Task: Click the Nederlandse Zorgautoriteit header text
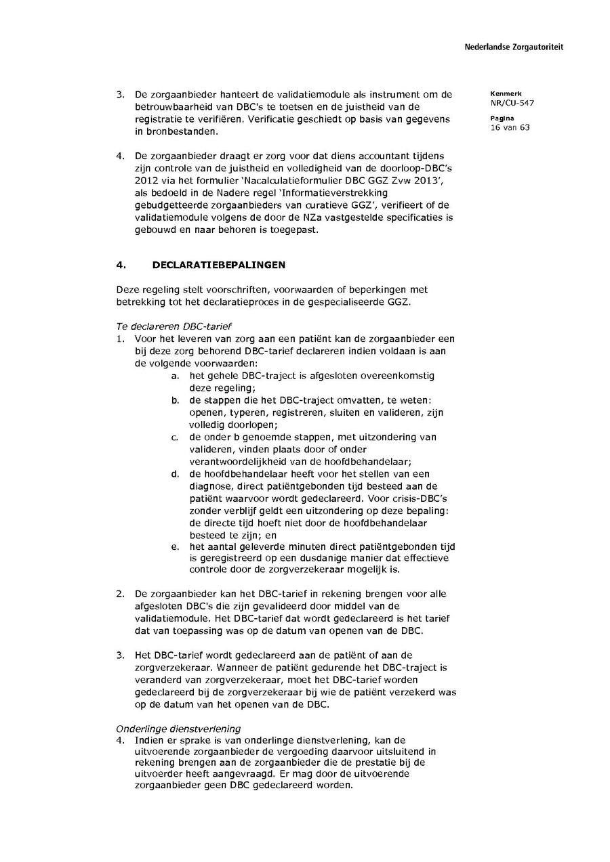tap(514, 47)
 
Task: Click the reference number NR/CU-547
tap(510, 103)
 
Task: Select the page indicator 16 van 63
tap(510, 127)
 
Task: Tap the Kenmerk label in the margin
tap(502, 93)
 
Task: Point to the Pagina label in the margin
tap(500, 118)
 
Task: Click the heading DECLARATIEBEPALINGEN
tap(219, 265)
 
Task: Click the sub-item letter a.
tap(175, 376)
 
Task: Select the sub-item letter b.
tap(175, 400)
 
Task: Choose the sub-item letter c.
tap(175, 437)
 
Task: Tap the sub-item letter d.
tap(175, 474)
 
